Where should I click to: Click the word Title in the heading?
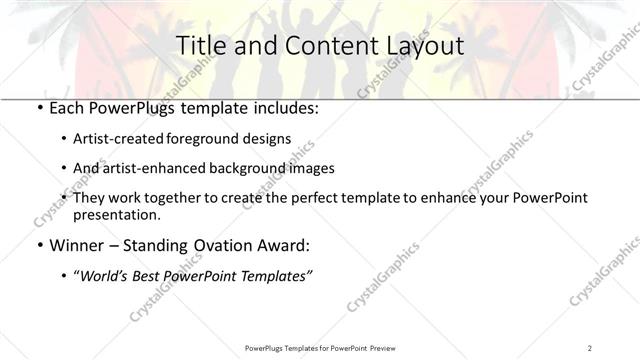[x=199, y=45]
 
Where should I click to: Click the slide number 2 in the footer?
[x=591, y=348]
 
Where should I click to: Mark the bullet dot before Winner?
[x=38, y=245]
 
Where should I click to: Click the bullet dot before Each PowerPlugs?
[x=38, y=106]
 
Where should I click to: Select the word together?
[x=172, y=198]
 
